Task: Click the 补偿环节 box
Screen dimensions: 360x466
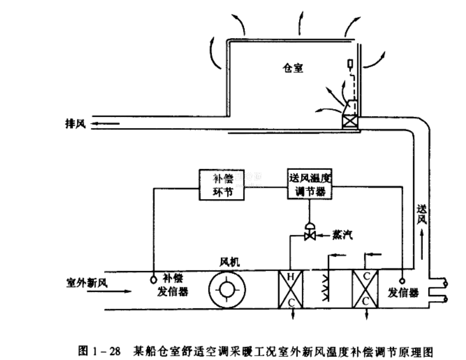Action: tap(221, 184)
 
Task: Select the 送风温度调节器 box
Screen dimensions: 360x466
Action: tap(309, 184)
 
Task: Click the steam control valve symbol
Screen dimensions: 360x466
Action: tap(310, 233)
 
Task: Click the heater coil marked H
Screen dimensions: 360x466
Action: tap(291, 289)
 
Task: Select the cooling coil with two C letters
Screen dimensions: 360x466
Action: tap(366, 289)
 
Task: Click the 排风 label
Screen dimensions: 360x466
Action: tap(71, 124)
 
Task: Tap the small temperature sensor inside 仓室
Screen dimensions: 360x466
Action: tap(350, 64)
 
